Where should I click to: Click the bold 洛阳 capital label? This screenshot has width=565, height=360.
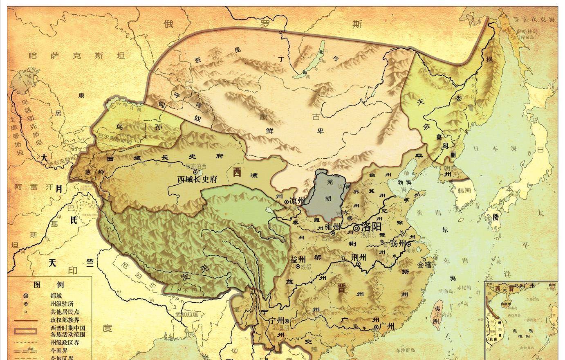point(372,227)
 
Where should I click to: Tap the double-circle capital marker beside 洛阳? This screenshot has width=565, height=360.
point(356,228)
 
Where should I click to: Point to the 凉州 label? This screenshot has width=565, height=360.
point(297,201)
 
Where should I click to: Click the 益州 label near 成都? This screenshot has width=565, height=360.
point(298,260)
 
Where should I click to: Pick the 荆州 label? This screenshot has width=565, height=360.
point(359,257)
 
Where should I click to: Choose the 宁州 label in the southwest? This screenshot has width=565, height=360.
point(276,320)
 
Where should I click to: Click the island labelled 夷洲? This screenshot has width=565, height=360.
point(437,315)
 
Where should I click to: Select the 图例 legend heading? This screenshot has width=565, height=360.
point(49,285)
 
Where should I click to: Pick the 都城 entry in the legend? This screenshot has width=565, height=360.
point(57,295)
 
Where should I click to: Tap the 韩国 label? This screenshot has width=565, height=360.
point(464,190)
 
